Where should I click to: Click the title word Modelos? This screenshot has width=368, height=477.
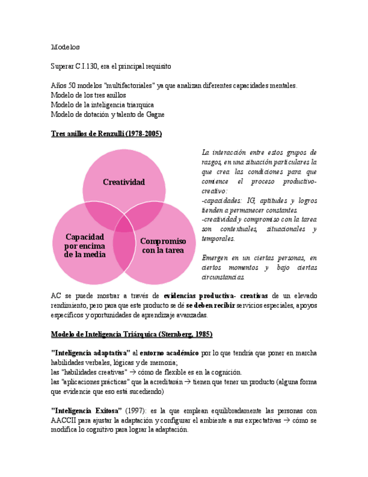tap(66, 47)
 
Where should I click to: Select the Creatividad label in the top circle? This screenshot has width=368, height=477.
tap(124, 182)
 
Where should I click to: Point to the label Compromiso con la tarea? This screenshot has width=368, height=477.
tap(163, 246)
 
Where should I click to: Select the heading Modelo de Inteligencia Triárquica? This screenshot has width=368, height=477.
tap(131, 334)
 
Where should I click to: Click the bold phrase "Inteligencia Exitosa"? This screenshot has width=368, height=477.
tap(86, 411)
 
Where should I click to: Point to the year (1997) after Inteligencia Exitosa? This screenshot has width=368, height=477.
tap(135, 411)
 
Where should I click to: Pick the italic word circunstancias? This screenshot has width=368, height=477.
tap(222, 277)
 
